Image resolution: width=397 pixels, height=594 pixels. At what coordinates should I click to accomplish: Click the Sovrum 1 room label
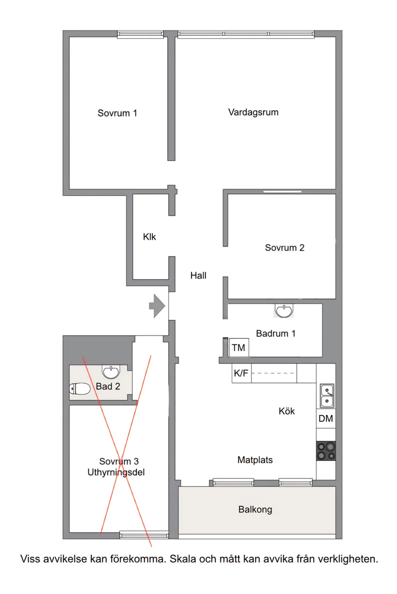pyautogui.click(x=117, y=113)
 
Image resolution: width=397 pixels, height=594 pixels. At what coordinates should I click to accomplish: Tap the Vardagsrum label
pyautogui.click(x=253, y=112)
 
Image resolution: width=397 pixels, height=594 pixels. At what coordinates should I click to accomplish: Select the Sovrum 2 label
pyautogui.click(x=285, y=248)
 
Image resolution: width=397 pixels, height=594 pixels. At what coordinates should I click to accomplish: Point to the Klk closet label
pyautogui.click(x=149, y=237)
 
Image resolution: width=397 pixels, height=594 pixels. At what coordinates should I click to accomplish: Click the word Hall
pyautogui.click(x=198, y=275)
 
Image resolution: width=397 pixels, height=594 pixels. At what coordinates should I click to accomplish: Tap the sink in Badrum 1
pyautogui.click(x=284, y=311)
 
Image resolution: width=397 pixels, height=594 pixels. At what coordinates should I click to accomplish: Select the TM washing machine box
pyautogui.click(x=239, y=347)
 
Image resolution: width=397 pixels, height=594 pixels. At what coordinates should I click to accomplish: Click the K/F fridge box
pyautogui.click(x=241, y=373)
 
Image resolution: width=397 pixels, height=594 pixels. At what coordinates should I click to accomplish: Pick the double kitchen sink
pyautogui.click(x=327, y=396)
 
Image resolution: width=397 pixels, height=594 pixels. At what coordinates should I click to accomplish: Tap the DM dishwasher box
pyautogui.click(x=326, y=418)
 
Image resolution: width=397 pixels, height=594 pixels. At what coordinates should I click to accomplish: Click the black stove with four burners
pyautogui.click(x=326, y=451)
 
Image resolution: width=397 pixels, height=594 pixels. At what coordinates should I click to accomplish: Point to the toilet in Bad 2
pyautogui.click(x=80, y=389)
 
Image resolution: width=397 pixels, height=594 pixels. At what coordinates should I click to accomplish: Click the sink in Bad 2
pyautogui.click(x=111, y=372)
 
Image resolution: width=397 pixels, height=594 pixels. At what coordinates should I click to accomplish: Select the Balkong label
pyautogui.click(x=255, y=509)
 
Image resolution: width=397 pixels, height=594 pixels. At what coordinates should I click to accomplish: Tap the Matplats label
pyautogui.click(x=255, y=460)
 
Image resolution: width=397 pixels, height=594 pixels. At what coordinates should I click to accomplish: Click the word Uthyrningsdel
pyautogui.click(x=116, y=472)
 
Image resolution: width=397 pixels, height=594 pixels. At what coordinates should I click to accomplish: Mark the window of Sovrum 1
pyautogui.click(x=140, y=34)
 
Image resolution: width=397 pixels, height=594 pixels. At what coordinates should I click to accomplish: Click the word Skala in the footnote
pyautogui.click(x=183, y=559)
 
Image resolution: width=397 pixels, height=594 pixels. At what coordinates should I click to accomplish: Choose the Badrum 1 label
pyautogui.click(x=276, y=334)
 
